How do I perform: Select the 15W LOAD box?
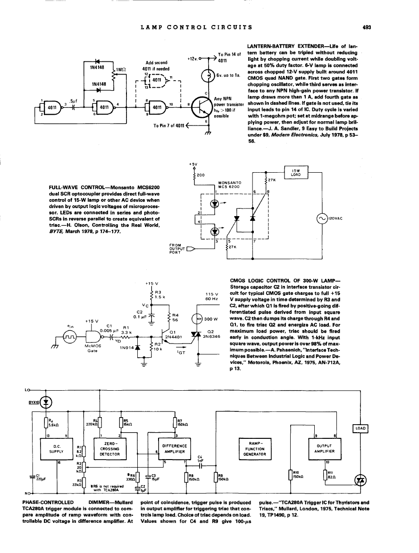297,173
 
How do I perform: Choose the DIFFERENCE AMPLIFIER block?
174,449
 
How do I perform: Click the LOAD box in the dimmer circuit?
360,428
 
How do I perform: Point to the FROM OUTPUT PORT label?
177,248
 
